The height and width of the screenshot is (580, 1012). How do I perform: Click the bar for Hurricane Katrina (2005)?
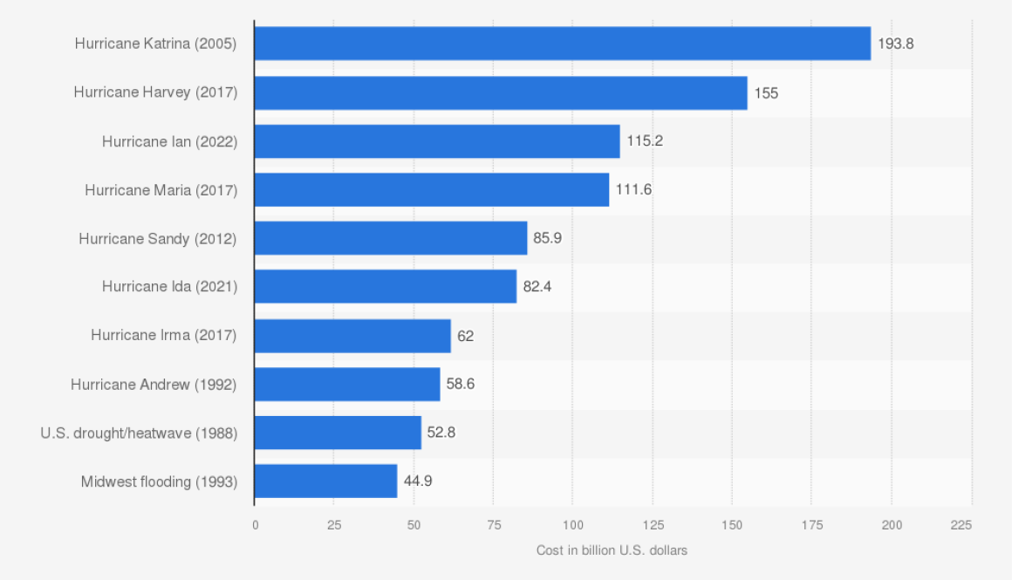tap(562, 44)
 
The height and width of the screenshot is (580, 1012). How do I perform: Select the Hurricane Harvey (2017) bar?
tap(501, 92)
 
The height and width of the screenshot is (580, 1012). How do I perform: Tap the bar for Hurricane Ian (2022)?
tap(437, 141)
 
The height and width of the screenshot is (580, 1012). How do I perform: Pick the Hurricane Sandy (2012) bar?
tap(391, 238)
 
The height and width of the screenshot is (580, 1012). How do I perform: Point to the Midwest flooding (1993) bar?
tap(325, 481)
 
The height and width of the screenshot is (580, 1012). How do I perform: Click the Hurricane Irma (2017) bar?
tap(352, 336)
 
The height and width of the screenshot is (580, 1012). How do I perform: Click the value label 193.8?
tap(895, 44)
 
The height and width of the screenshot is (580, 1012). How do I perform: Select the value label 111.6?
tap(633, 189)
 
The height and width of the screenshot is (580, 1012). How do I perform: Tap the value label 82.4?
tap(536, 286)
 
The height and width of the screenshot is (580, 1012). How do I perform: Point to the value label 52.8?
tap(441, 433)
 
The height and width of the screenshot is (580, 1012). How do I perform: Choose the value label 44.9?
tap(417, 481)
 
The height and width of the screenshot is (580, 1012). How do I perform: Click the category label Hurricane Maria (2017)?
tap(161, 189)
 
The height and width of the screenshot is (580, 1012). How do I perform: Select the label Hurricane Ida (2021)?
tap(169, 286)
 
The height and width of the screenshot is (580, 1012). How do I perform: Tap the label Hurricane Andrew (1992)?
tap(154, 384)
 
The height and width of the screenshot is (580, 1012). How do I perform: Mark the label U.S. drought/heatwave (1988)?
tap(139, 433)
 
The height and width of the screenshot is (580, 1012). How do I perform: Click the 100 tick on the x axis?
tap(572, 525)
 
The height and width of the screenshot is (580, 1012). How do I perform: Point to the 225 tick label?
tap(961, 525)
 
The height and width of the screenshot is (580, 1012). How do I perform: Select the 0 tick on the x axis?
tap(255, 525)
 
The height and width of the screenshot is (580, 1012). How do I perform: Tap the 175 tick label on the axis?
tap(810, 525)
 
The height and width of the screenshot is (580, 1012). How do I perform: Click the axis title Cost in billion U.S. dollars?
tap(612, 550)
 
